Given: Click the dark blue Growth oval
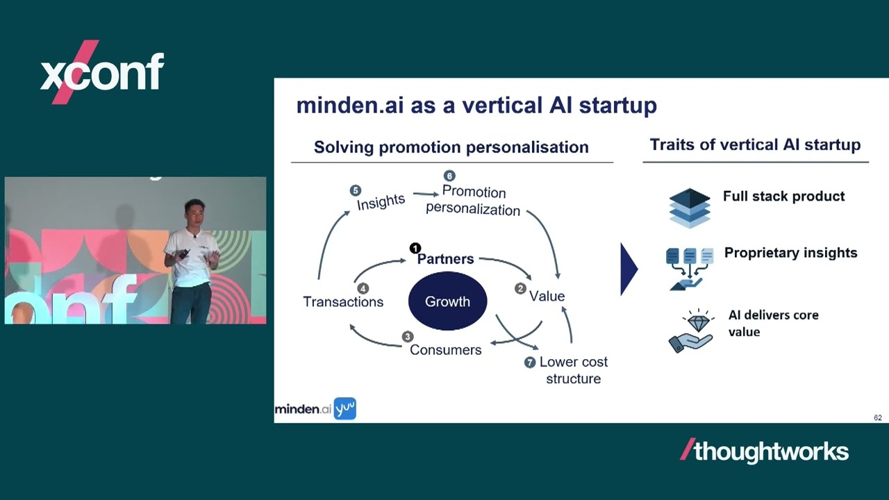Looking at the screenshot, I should (x=447, y=301).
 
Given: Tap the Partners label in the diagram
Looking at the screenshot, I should (x=445, y=259).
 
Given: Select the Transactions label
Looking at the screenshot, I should (x=343, y=301).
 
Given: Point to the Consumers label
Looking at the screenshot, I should (x=445, y=349).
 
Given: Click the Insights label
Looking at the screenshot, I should (x=381, y=201).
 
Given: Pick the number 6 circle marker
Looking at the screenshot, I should (x=449, y=176).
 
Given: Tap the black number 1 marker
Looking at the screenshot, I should (x=415, y=248).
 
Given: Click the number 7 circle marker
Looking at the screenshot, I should (x=530, y=362).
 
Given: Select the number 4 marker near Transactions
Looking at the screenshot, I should (x=363, y=288).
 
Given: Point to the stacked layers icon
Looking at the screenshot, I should (x=690, y=207).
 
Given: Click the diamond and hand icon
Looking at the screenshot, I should (x=690, y=332).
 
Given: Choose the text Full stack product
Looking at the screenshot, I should (x=783, y=197).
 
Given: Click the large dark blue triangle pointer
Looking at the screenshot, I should (x=628, y=269).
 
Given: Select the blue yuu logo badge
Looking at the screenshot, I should (x=345, y=408).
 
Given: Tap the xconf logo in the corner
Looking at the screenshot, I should (x=101, y=72).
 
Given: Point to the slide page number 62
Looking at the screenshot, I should (x=878, y=417).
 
